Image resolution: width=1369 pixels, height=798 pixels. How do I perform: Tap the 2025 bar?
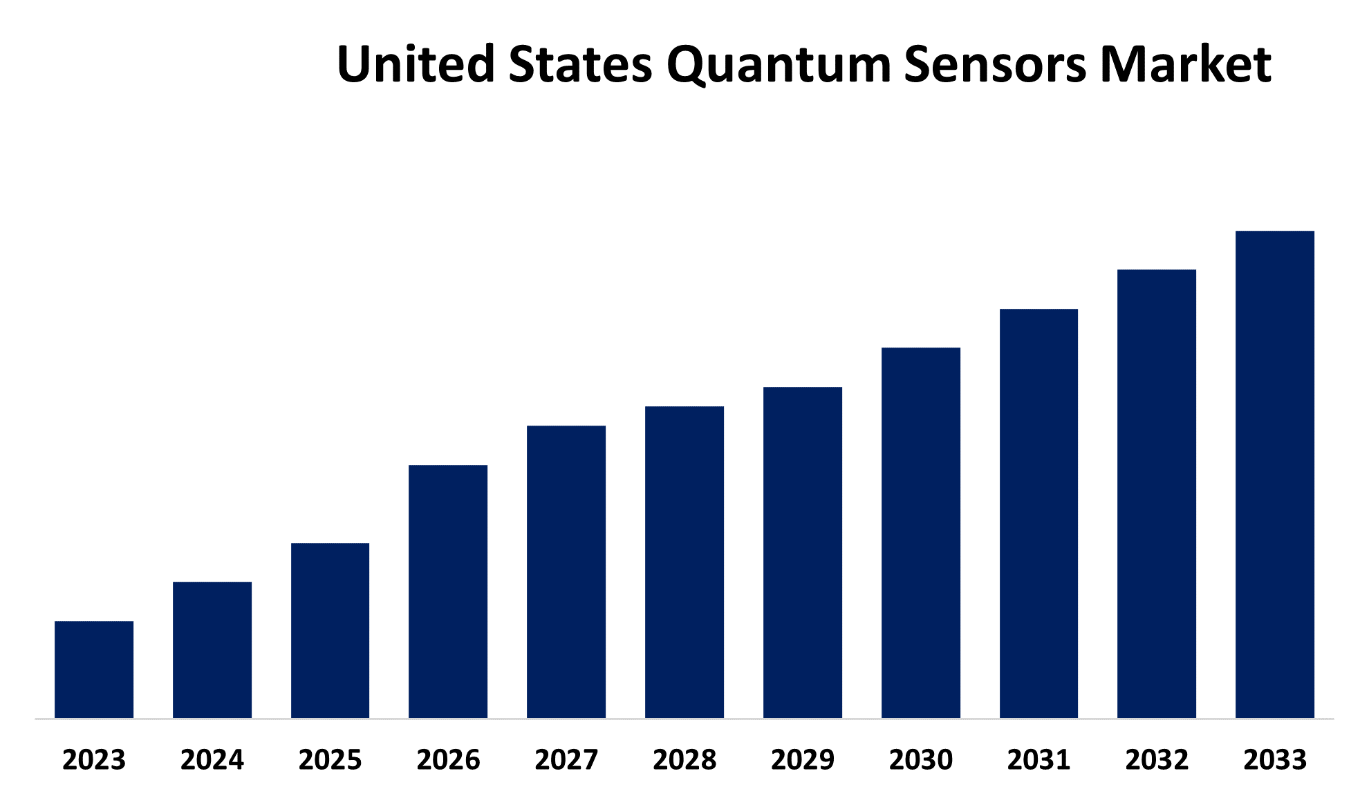click(x=330, y=630)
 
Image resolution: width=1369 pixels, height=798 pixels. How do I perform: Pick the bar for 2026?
click(x=448, y=591)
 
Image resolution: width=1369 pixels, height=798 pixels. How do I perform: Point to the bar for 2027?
click(x=566, y=571)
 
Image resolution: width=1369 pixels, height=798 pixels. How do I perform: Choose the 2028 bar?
click(x=684, y=562)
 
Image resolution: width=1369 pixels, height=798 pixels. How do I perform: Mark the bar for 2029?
click(x=803, y=552)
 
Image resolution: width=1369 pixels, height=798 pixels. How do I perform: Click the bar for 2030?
click(x=921, y=533)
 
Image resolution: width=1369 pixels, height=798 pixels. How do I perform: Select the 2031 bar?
click(x=1039, y=513)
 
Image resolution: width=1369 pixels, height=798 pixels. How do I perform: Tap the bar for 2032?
click(x=1157, y=493)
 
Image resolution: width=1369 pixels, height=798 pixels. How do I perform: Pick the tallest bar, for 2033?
click(x=1275, y=474)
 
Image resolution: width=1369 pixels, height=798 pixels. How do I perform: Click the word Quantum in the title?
click(x=779, y=64)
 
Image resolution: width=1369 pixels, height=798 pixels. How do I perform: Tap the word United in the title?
click(x=416, y=64)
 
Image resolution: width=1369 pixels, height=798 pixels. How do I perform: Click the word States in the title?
click(x=580, y=64)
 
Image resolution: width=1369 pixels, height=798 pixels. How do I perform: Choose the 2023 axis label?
click(x=94, y=760)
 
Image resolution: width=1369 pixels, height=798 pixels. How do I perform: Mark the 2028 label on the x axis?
click(x=684, y=760)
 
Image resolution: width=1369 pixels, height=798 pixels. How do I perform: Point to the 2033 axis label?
click(x=1275, y=760)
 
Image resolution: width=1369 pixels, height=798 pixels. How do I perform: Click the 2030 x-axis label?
click(x=921, y=760)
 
